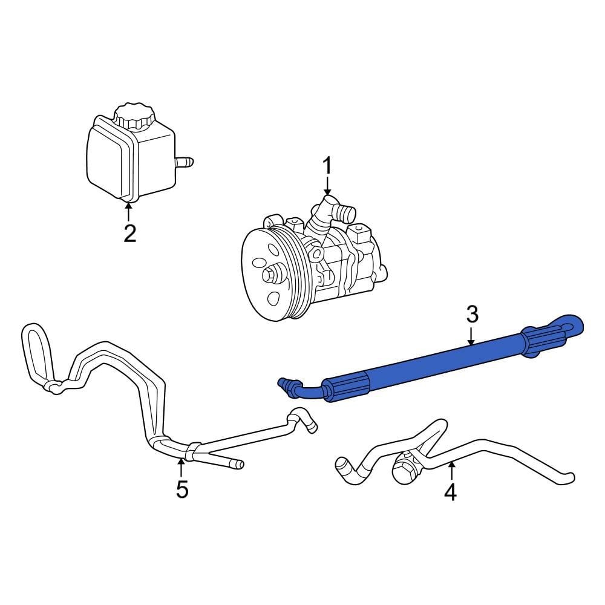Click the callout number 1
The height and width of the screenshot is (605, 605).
point(327,165)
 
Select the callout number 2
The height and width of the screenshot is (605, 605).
point(129,233)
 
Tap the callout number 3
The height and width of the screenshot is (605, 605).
point(472,314)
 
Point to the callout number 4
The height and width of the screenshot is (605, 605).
point(450,492)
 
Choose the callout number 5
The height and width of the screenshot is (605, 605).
point(182,489)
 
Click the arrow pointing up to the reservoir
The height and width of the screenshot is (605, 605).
point(128,211)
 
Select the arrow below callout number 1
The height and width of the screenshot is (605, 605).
point(327,185)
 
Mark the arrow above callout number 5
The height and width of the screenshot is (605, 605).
point(181,467)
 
